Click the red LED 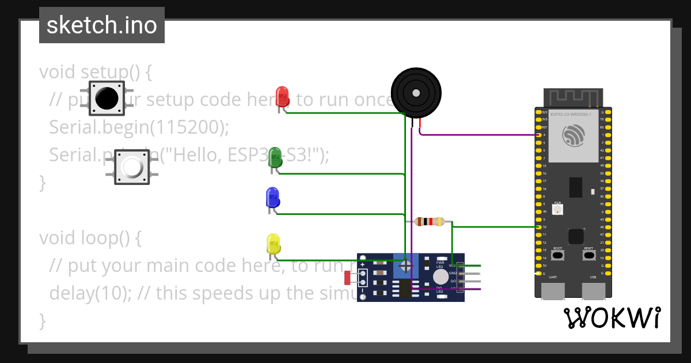pyautogui.click(x=282, y=96)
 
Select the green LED pyautogui.click(x=275, y=158)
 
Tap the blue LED pyautogui.click(x=272, y=198)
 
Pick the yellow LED pyautogui.click(x=273, y=244)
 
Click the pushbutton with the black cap pyautogui.click(x=107, y=98)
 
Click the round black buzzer pyautogui.click(x=416, y=92)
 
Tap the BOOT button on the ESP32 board pyautogui.click(x=557, y=255)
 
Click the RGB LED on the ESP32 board pyautogui.click(x=557, y=210)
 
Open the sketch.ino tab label pyautogui.click(x=102, y=25)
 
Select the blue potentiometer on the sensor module pyautogui.click(x=405, y=266)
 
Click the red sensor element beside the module pyautogui.click(x=347, y=278)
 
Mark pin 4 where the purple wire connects pyautogui.click(x=538, y=135)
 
